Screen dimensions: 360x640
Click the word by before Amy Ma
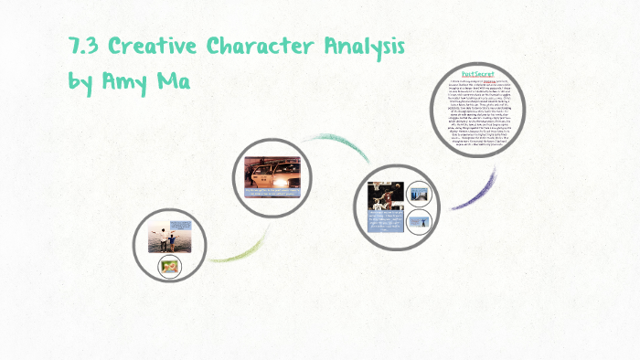pos(81,82)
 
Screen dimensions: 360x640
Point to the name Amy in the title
pos(126,82)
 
